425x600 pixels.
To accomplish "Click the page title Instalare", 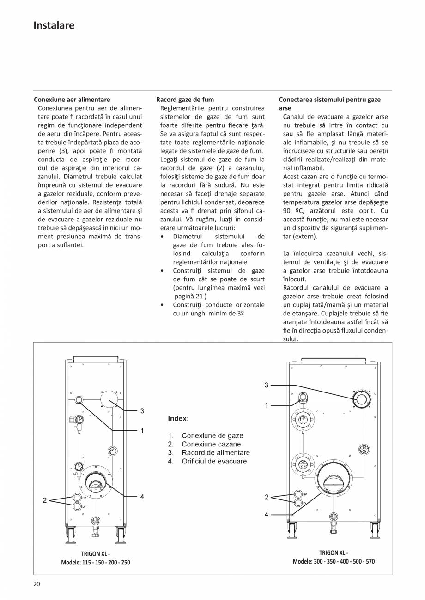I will pyautogui.click(x=54, y=25).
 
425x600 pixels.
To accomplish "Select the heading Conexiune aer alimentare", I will pyautogui.click(x=72, y=99).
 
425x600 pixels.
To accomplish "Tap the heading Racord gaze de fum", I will pyautogui.click(x=185, y=99).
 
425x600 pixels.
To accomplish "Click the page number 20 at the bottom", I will pyautogui.click(x=36, y=584).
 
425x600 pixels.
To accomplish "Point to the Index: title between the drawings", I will pyautogui.click(x=178, y=419).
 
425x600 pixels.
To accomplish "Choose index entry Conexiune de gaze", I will pyautogui.click(x=212, y=435).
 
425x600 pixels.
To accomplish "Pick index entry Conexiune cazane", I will pyautogui.click(x=211, y=444).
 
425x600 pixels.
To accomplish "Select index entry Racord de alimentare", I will pyautogui.click(x=215, y=453).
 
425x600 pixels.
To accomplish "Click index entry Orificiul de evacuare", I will pyautogui.click(x=214, y=461).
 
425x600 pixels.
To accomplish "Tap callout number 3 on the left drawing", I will pyautogui.click(x=142, y=410).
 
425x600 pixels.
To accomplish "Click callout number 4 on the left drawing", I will pyautogui.click(x=142, y=497).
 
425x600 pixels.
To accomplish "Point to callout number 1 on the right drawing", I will pyautogui.click(x=267, y=405).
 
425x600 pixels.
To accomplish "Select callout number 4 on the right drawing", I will pyautogui.click(x=267, y=514).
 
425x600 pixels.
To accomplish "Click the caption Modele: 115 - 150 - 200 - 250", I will pyautogui.click(x=96, y=562).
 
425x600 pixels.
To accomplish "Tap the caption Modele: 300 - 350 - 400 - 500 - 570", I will pyautogui.click(x=334, y=561).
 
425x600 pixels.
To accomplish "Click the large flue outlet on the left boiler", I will pyautogui.click(x=96, y=482).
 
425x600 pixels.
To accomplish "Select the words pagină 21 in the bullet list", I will pyautogui.click(x=190, y=296).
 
